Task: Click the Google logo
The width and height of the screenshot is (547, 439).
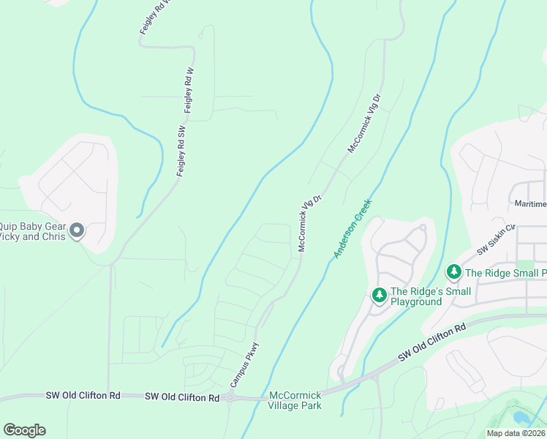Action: (24, 430)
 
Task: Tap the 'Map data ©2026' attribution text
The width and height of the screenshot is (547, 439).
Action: (516, 433)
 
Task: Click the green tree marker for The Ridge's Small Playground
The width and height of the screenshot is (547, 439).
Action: (379, 295)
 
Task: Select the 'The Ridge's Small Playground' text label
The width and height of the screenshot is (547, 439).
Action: (431, 296)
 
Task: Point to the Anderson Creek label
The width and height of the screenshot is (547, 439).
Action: (353, 228)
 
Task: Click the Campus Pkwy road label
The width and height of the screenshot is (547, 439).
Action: (245, 364)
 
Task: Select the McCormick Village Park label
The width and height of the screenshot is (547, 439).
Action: (295, 400)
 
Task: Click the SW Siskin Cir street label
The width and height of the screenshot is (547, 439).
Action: (497, 239)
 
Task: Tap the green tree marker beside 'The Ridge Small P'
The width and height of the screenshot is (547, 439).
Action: (453, 273)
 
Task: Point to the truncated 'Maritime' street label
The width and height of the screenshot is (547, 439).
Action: (528, 203)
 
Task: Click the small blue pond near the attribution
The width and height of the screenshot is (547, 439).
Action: (521, 418)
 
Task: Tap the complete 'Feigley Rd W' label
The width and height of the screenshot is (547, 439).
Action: (189, 89)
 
